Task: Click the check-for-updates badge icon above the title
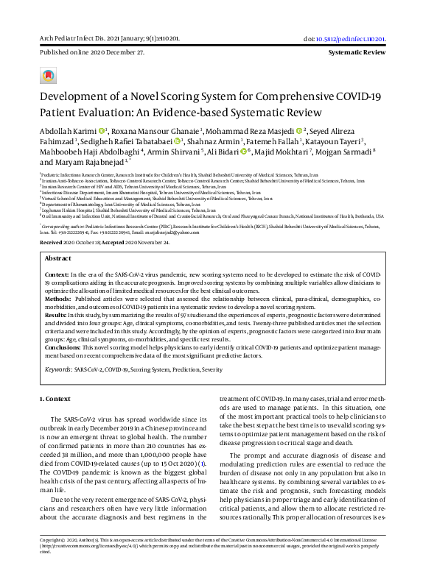49,76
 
